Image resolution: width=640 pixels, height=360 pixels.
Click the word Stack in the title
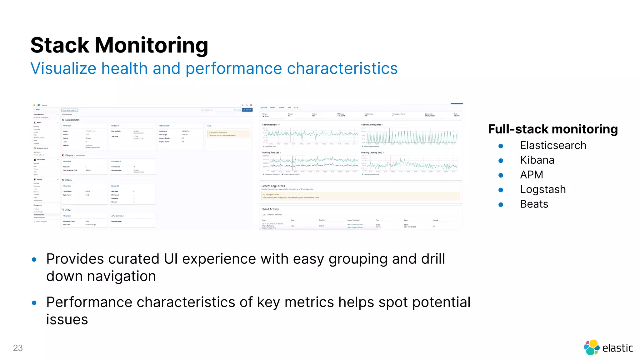60,45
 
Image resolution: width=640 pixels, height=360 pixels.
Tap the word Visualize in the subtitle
63,68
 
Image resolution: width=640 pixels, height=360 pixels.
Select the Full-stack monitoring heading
552,129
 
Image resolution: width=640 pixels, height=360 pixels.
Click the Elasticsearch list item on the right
553,145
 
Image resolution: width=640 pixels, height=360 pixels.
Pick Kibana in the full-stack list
537,160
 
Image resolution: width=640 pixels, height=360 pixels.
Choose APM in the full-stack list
531,175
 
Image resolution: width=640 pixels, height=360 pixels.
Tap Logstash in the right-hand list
543,189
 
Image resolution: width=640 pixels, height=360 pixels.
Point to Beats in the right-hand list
534,204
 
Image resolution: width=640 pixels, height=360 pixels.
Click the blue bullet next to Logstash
501,190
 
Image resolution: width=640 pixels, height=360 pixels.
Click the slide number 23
18,348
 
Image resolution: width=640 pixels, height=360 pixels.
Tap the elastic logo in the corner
608,347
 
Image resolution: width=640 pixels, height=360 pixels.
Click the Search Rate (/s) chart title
270,125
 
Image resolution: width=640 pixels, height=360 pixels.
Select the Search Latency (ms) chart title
371,125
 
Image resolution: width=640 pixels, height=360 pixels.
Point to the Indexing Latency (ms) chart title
371,152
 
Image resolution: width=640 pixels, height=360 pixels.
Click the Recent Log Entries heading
273,186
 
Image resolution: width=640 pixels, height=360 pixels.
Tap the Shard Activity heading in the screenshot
270,209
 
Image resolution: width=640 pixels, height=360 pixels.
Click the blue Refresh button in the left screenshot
247,110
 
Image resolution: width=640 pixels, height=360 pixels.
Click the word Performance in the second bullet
89,302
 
